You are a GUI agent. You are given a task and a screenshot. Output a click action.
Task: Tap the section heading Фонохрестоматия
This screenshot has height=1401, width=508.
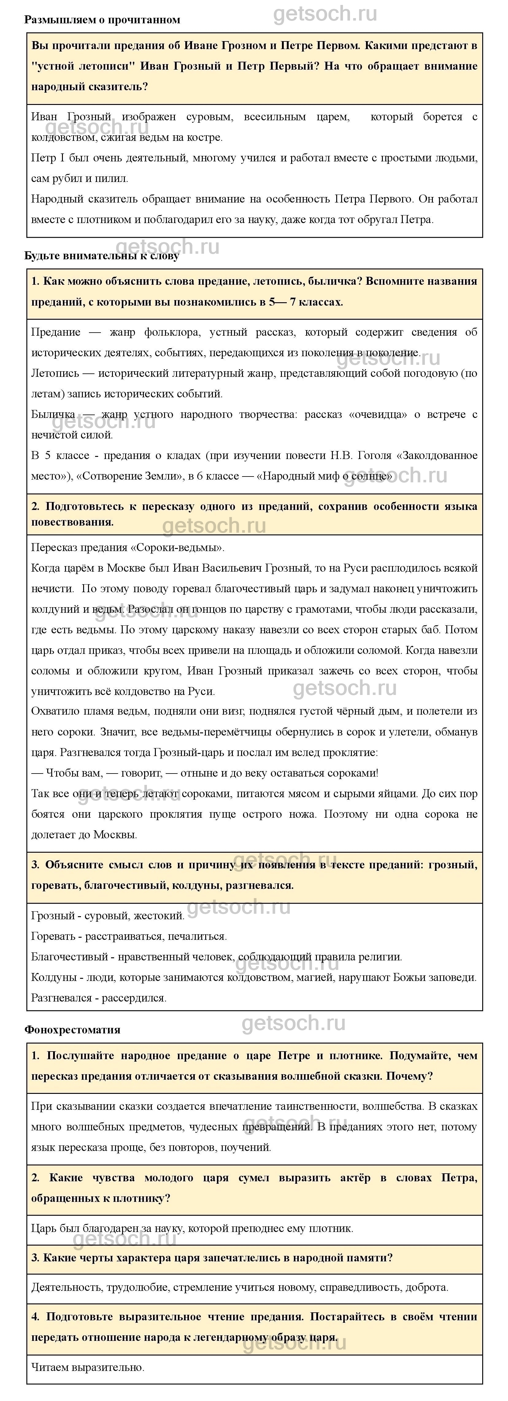[x=72, y=1029]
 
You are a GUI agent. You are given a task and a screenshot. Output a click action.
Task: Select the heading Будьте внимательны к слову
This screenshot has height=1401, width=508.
[x=102, y=256]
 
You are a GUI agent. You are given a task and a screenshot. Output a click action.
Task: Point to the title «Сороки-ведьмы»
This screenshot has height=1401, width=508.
[x=178, y=547]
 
